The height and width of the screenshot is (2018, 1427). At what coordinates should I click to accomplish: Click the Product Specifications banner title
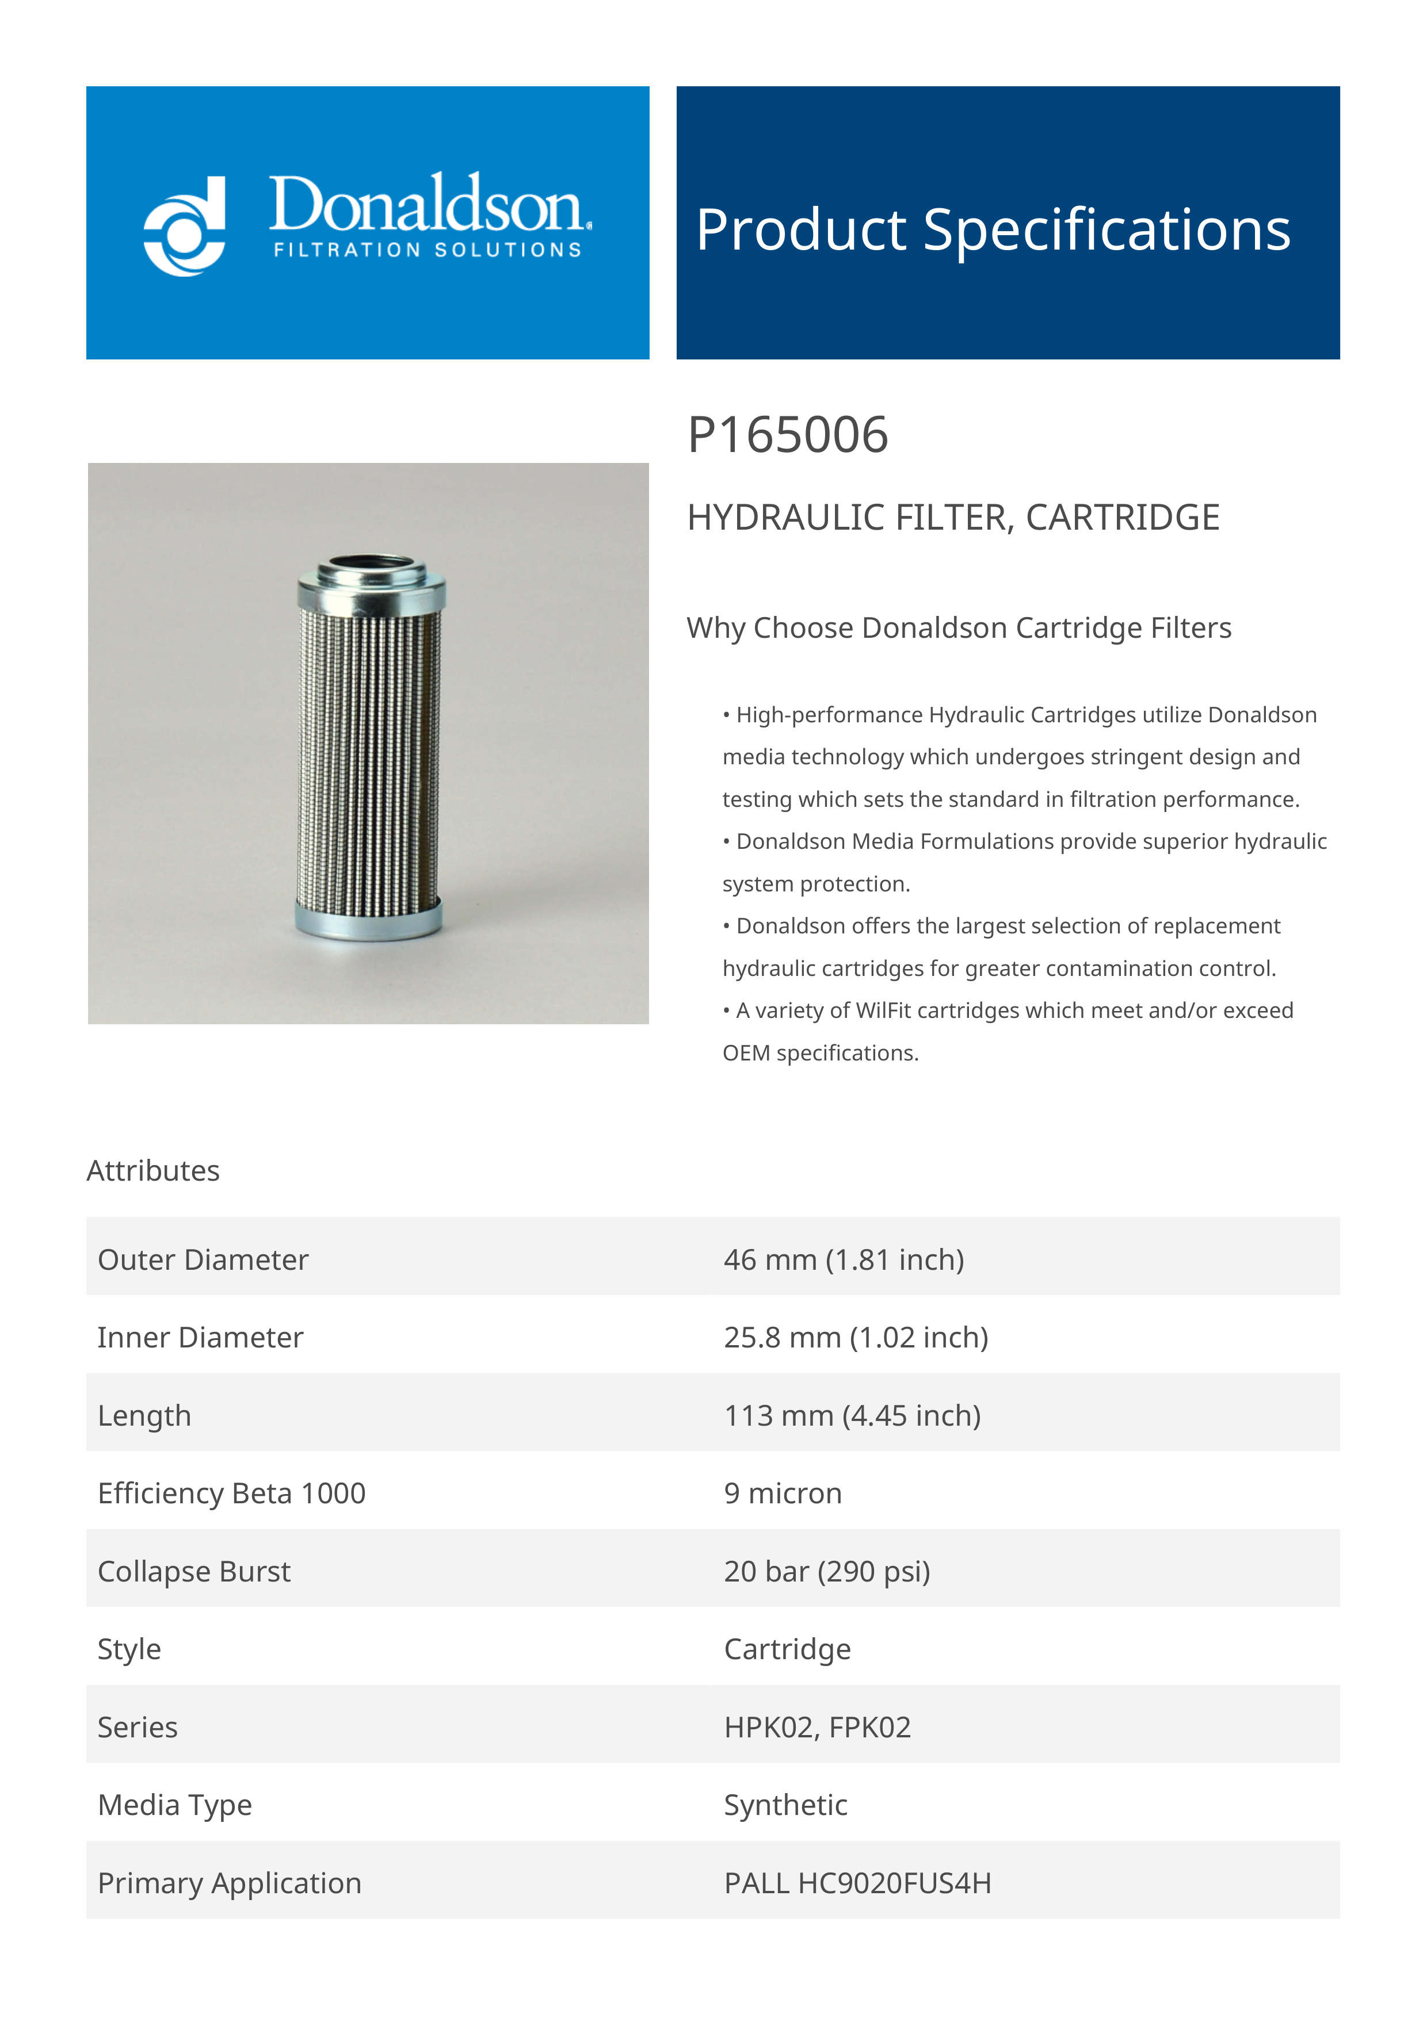(x=993, y=229)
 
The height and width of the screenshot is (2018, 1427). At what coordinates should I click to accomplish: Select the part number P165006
(x=787, y=435)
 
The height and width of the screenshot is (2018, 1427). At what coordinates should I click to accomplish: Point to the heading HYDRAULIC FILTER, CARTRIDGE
(x=952, y=518)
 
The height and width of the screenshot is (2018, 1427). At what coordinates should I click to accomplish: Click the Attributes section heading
(x=153, y=1171)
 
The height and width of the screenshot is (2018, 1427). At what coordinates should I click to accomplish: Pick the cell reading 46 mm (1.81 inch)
(x=843, y=1259)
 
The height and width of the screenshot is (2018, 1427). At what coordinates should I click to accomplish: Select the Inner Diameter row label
(x=200, y=1337)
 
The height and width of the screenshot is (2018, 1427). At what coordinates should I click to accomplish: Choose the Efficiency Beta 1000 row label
(x=231, y=1494)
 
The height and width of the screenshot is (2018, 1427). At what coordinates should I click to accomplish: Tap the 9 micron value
(x=783, y=1494)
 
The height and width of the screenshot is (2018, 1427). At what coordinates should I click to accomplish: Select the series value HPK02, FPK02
(x=817, y=1727)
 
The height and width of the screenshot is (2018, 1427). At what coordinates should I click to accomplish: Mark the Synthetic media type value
(x=785, y=1805)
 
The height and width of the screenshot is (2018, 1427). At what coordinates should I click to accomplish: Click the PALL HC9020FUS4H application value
(x=857, y=1883)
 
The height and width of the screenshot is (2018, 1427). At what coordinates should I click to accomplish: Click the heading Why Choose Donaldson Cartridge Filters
(x=959, y=627)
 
